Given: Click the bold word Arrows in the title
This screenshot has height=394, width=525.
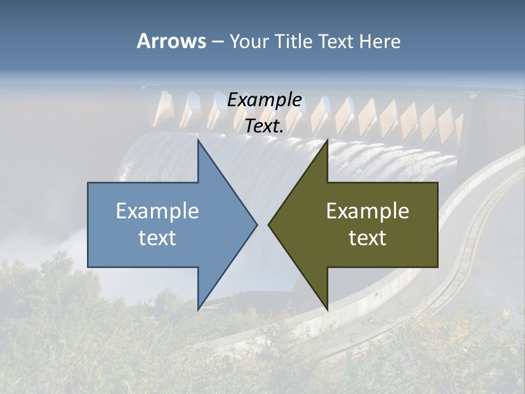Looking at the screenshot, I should point(171,41).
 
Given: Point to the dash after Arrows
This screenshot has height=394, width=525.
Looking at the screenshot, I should point(217,42).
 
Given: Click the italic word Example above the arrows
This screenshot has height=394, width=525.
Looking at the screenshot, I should point(265,100).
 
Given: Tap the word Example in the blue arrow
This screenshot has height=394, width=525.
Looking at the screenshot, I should point(157,211).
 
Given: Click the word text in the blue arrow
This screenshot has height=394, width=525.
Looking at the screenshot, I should point(157,238).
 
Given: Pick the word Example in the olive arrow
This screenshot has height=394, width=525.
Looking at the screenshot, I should point(367,211).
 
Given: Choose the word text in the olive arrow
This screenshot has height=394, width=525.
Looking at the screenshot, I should point(367,238).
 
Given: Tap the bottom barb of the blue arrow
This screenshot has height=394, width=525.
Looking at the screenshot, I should point(200,306).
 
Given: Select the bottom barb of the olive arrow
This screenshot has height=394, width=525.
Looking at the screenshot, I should point(326,306).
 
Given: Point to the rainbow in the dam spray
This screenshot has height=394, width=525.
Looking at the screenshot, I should point(123,170).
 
